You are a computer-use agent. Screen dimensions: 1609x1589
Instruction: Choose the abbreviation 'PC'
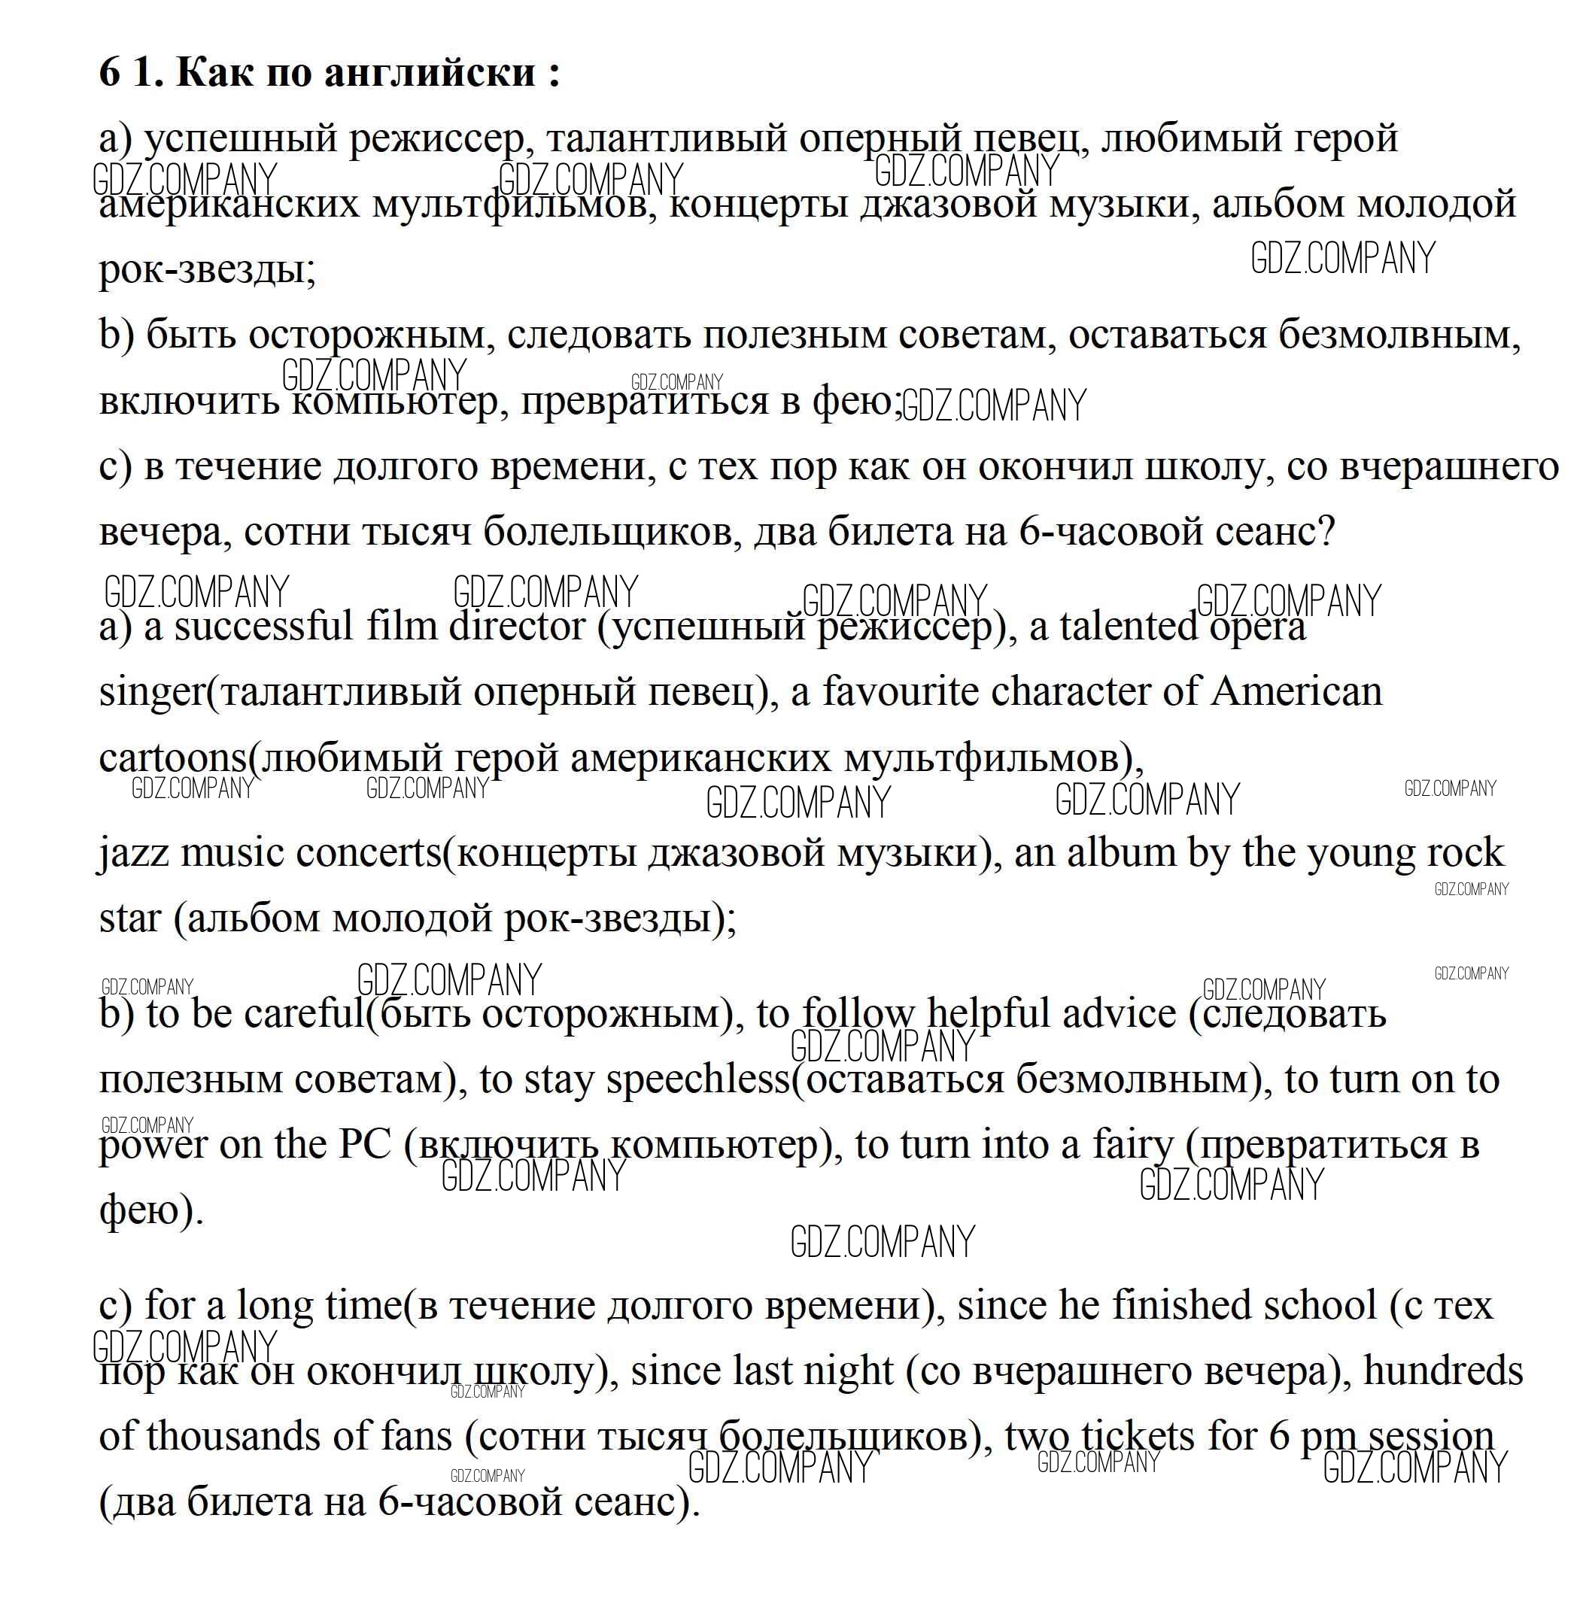(x=365, y=1145)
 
